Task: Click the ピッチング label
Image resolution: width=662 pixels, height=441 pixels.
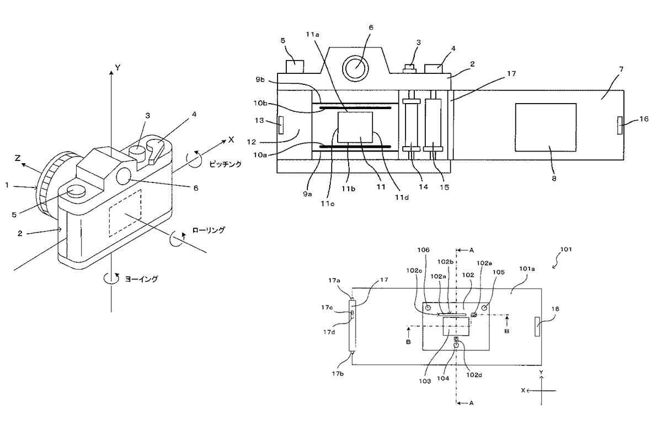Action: point(225,164)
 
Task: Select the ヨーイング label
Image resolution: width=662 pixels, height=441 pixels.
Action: point(143,279)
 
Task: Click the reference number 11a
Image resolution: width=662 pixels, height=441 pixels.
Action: point(313,34)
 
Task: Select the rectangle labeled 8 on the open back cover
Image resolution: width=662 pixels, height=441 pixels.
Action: point(546,127)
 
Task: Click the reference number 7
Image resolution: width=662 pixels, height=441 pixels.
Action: point(606,68)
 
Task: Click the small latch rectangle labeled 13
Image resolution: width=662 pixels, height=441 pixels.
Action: point(282,125)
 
